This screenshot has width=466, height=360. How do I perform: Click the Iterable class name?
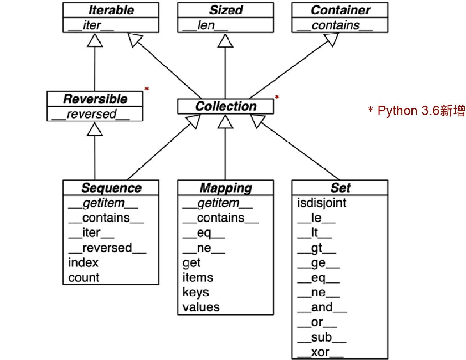[110, 11]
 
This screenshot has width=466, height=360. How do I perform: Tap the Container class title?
[340, 11]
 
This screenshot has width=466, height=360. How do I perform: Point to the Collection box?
[225, 106]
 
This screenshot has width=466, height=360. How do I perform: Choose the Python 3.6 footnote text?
[416, 111]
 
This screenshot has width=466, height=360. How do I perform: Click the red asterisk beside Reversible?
[147, 89]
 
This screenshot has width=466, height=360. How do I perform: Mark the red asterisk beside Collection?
[277, 97]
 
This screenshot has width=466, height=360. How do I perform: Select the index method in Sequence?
[83, 262]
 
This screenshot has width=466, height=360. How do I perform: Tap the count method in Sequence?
[84, 278]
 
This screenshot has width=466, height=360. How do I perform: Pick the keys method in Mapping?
[196, 292]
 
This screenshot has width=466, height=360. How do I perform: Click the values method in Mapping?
[201, 307]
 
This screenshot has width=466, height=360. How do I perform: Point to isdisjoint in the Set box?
[321, 203]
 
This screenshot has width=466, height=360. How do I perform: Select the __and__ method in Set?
[322, 307]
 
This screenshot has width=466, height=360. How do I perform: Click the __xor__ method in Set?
[320, 353]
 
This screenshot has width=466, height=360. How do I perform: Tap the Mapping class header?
[225, 188]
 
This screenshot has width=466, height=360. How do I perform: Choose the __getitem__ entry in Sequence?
[103, 203]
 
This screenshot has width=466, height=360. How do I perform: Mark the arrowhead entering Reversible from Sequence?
[95, 129]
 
